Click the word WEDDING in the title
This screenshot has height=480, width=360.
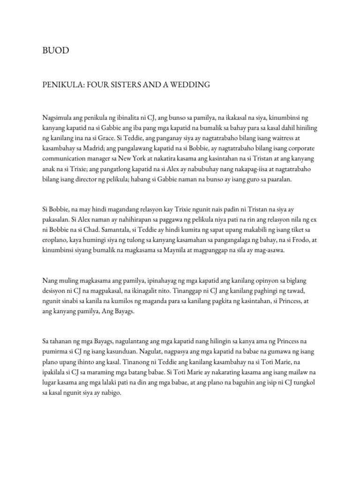187,84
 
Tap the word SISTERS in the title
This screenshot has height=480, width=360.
121,84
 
